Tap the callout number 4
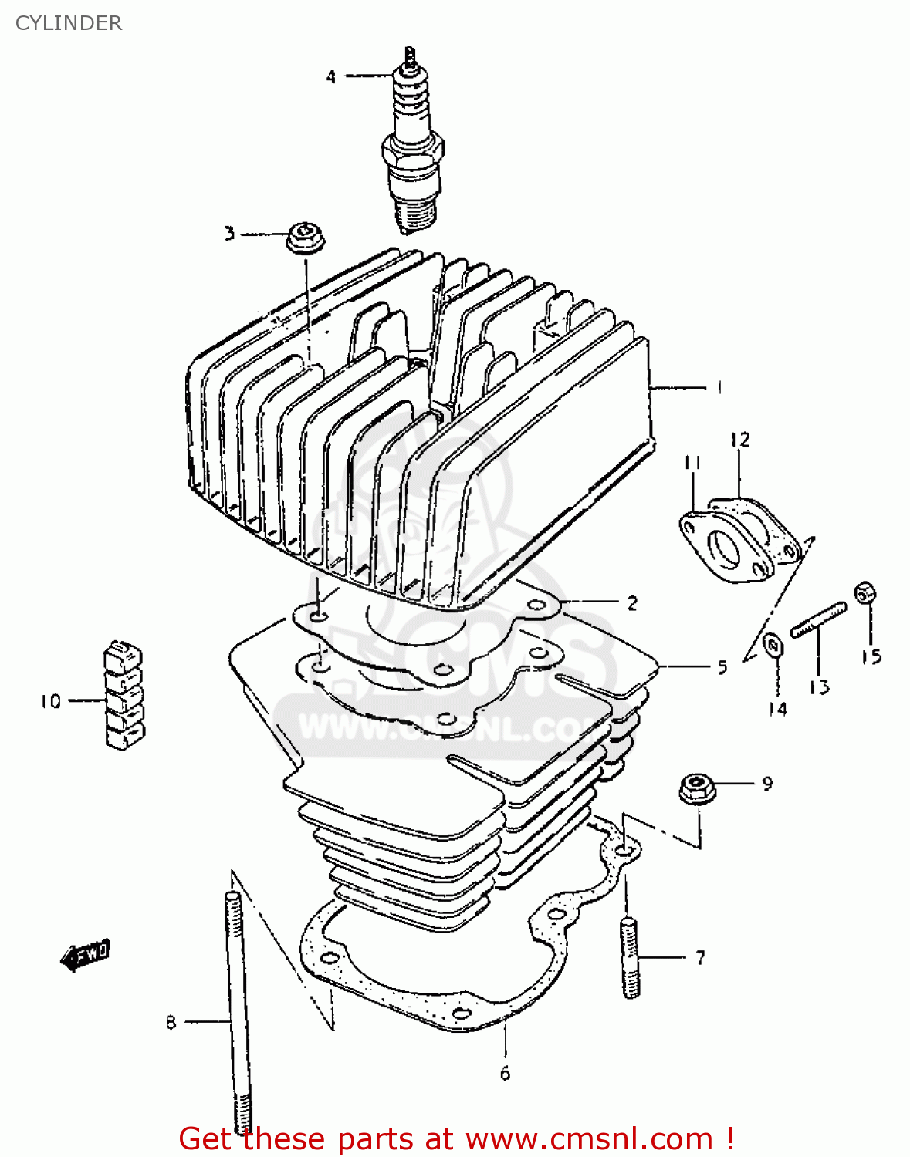pyautogui.click(x=331, y=76)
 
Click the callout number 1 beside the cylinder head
pyautogui.click(x=719, y=387)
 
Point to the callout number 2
pyautogui.click(x=632, y=603)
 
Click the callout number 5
pyautogui.click(x=722, y=666)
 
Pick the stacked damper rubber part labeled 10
pyautogui.click(x=123, y=694)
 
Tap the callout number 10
pyautogui.click(x=51, y=701)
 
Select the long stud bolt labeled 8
pyautogui.click(x=235, y=1010)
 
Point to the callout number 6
pyautogui.click(x=505, y=1073)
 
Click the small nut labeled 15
pyautogui.click(x=864, y=593)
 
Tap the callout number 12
pyautogui.click(x=739, y=440)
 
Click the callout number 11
pyautogui.click(x=692, y=463)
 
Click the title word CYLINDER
pyautogui.click(x=69, y=23)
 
